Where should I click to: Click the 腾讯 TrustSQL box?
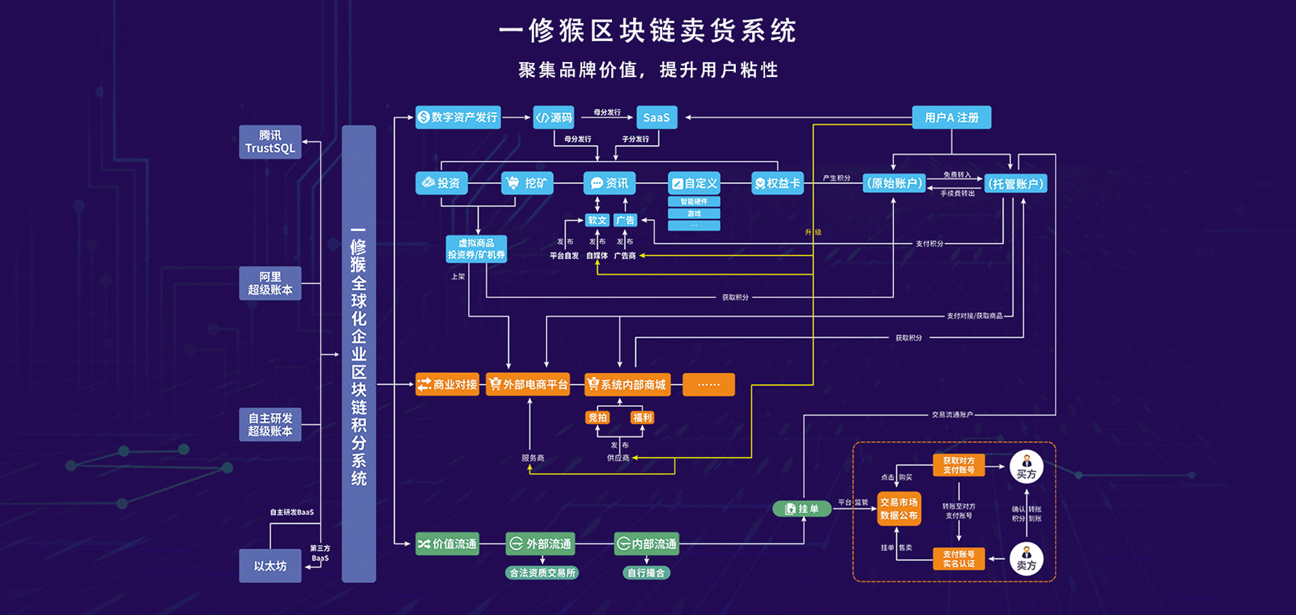click(270, 142)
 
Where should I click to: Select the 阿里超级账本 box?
click(270, 283)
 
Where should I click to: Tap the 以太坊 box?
click(270, 566)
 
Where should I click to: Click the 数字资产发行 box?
click(458, 117)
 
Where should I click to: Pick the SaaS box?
click(656, 117)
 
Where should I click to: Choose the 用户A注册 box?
click(951, 117)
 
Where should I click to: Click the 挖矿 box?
click(527, 183)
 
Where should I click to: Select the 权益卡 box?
click(777, 183)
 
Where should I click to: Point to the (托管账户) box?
click(1015, 183)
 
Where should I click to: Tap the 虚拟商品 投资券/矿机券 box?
click(476, 249)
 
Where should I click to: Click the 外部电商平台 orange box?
click(528, 385)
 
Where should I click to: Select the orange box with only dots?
click(708, 385)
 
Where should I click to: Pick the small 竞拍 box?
click(598, 417)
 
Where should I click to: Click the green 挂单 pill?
click(802, 509)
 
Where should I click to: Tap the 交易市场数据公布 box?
click(899, 509)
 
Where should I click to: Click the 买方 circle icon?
click(1026, 467)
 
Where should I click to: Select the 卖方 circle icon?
click(1026, 558)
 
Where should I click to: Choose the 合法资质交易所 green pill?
click(542, 573)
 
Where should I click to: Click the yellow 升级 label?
click(813, 232)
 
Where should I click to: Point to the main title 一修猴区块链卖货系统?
click(647, 31)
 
